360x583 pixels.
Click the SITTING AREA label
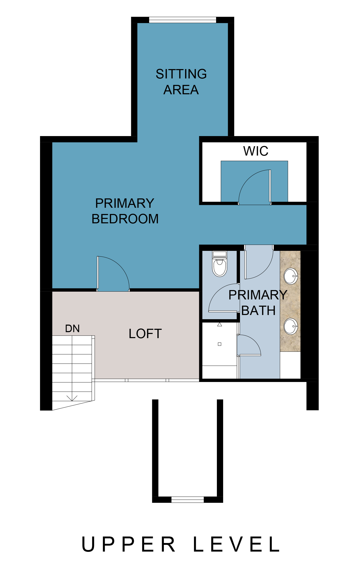[x=181, y=82]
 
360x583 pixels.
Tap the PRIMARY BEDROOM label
[x=125, y=211]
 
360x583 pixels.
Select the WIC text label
[x=256, y=151]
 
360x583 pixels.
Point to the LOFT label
[x=145, y=334]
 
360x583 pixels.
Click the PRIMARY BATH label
[x=258, y=303]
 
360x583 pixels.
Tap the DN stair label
[x=72, y=329]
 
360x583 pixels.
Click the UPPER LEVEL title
[x=181, y=544]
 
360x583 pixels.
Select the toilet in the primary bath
[x=220, y=264]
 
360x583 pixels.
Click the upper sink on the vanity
[x=291, y=276]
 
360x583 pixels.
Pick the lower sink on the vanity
[x=291, y=326]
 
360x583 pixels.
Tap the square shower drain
[x=219, y=344]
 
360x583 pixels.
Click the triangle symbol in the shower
[x=219, y=324]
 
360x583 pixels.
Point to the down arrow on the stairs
[x=72, y=398]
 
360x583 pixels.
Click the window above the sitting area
[x=182, y=20]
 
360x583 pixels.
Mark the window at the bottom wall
[x=188, y=499]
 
